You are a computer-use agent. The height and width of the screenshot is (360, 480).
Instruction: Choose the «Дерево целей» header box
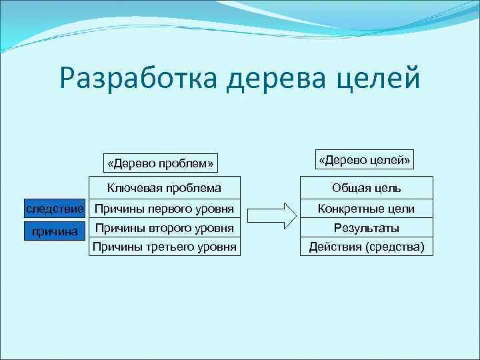[366, 160]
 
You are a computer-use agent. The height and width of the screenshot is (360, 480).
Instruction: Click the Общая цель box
[366, 189]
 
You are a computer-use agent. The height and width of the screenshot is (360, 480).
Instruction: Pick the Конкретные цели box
[366, 209]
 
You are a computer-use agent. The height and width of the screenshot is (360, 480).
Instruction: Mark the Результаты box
[366, 228]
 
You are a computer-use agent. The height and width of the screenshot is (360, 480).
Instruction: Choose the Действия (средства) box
[366, 247]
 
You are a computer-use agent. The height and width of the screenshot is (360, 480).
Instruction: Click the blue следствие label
[55, 209]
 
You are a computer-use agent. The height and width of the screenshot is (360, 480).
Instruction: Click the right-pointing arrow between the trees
[270, 215]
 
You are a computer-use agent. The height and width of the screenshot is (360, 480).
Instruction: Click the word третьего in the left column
[171, 247]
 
